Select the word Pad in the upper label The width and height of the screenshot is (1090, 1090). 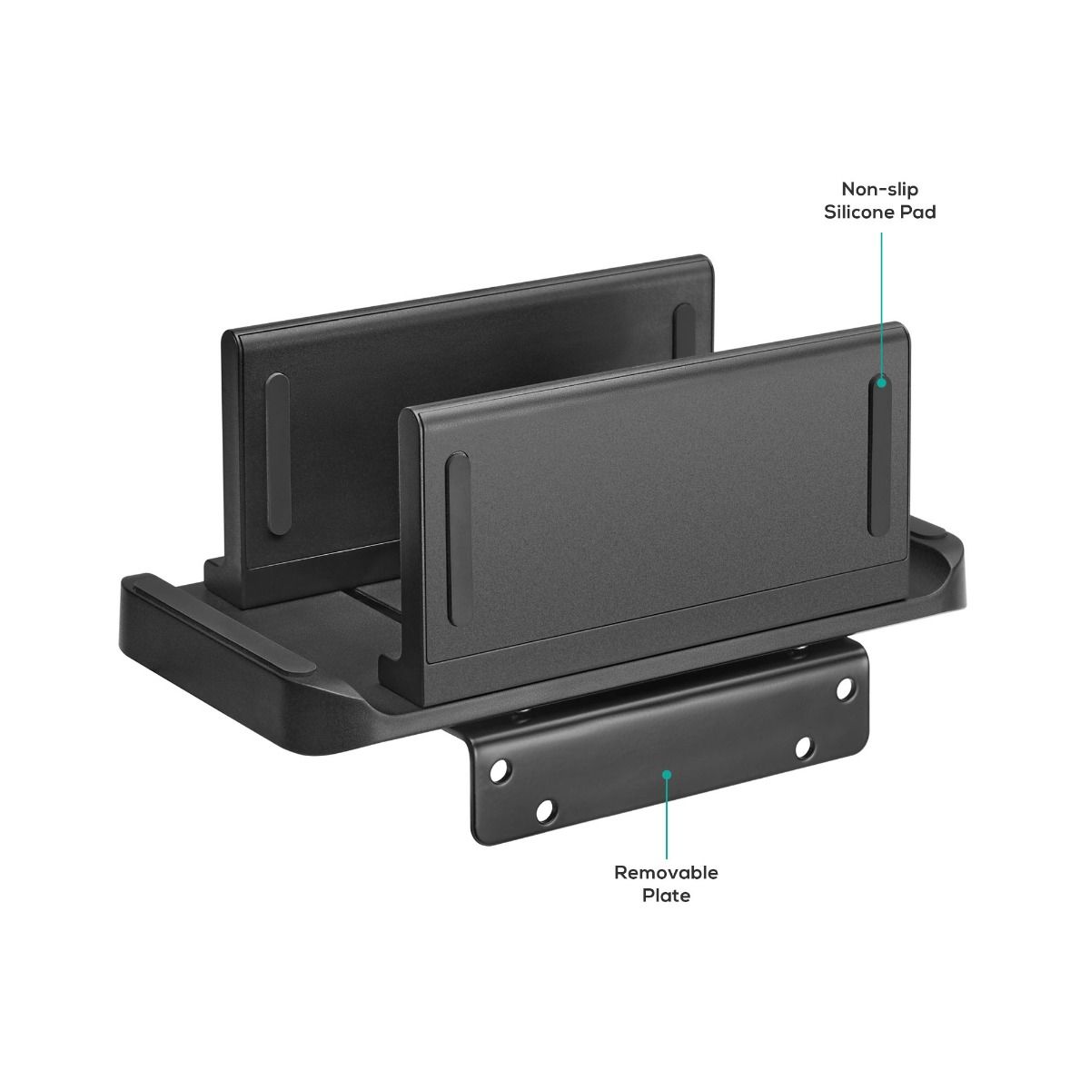point(920,213)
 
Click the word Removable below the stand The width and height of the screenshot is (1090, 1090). point(666,873)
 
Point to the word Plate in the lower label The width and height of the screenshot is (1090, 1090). point(666,896)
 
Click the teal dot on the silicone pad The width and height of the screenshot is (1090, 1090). point(880,383)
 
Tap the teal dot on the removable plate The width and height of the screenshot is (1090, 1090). point(667,775)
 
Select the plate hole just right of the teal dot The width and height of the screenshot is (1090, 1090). point(803,748)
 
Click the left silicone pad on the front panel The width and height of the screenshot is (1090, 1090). point(457,538)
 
